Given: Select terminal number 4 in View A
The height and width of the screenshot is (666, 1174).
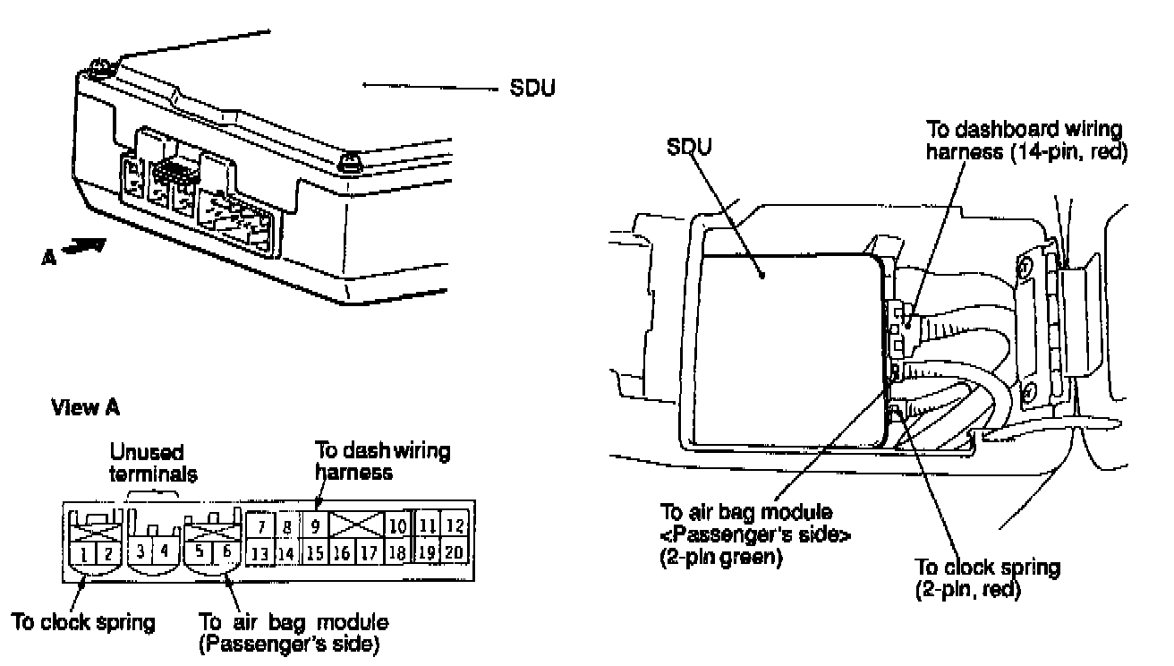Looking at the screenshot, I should click(x=165, y=552).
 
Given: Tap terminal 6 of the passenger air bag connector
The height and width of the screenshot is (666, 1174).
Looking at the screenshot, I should click(x=226, y=552).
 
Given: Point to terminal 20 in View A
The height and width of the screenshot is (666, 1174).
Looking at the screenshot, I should click(x=454, y=552).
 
